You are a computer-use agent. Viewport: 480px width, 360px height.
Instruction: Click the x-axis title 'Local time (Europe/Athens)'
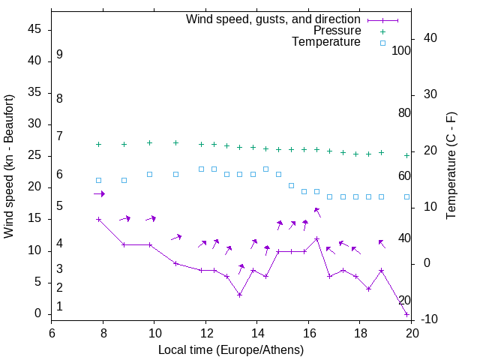[231, 350]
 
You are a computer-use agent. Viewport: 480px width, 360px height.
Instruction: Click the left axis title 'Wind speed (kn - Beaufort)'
[9, 166]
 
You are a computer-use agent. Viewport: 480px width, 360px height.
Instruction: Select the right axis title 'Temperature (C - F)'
[451, 166]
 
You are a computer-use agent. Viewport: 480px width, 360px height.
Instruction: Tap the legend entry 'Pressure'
[336, 31]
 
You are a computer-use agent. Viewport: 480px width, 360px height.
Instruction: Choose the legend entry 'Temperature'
[325, 43]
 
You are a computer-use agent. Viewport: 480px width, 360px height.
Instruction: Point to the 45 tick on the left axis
[34, 29]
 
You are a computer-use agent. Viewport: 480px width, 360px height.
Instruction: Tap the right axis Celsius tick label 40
[420, 38]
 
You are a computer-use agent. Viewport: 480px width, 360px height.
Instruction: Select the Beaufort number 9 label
[59, 55]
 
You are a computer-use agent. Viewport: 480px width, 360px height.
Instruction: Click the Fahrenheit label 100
[401, 50]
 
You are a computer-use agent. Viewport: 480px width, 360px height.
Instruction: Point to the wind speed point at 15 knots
[98, 220]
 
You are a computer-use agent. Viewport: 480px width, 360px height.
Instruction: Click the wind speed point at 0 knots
[406, 314]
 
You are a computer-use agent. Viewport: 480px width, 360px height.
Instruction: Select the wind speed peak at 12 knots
[316, 238]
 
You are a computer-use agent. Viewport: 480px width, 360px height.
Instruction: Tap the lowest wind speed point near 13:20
[239, 295]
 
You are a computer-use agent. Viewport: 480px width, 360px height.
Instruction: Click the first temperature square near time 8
[98, 180]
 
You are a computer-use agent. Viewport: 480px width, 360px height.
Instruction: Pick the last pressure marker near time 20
[406, 155]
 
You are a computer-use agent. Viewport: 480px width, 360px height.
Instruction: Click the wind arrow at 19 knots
[99, 194]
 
